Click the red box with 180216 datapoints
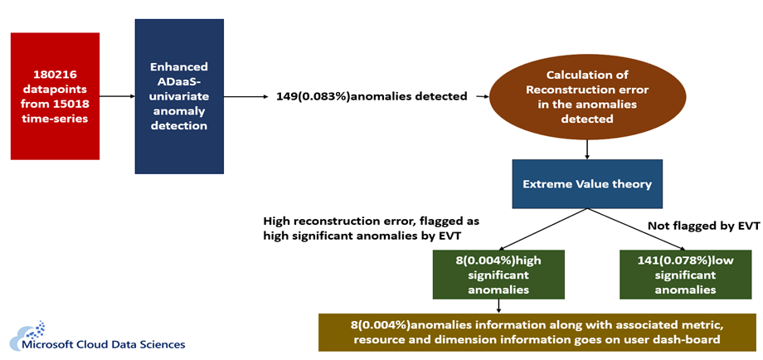(x=55, y=95)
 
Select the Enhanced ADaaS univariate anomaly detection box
(x=179, y=96)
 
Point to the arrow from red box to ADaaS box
(x=117, y=96)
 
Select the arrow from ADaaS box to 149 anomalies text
(x=247, y=96)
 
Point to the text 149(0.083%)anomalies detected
(x=370, y=97)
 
